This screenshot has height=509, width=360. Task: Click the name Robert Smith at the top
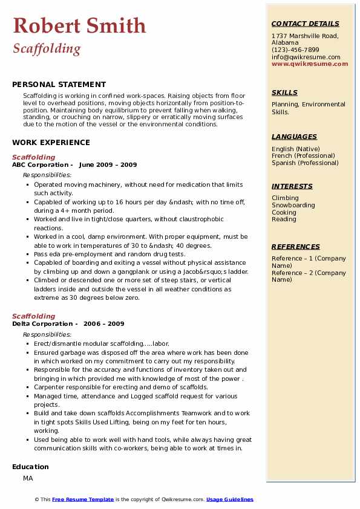79,25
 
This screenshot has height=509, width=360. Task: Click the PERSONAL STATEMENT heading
59,85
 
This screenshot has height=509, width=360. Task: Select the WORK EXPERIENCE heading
51,143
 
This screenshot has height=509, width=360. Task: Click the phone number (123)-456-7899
295,50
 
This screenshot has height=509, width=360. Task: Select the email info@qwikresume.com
306,57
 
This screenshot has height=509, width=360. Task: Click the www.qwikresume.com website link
310,63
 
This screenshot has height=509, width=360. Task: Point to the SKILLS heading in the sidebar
284,92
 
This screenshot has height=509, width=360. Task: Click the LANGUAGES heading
294,137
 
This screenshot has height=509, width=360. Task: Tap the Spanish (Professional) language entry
305,163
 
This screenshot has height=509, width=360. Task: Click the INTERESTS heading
292,186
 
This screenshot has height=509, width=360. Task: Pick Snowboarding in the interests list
293,206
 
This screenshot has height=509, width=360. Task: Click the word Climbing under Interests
285,198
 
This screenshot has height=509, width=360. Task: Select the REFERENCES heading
295,247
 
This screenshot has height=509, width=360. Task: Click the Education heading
30,467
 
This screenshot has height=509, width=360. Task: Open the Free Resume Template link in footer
83,499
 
